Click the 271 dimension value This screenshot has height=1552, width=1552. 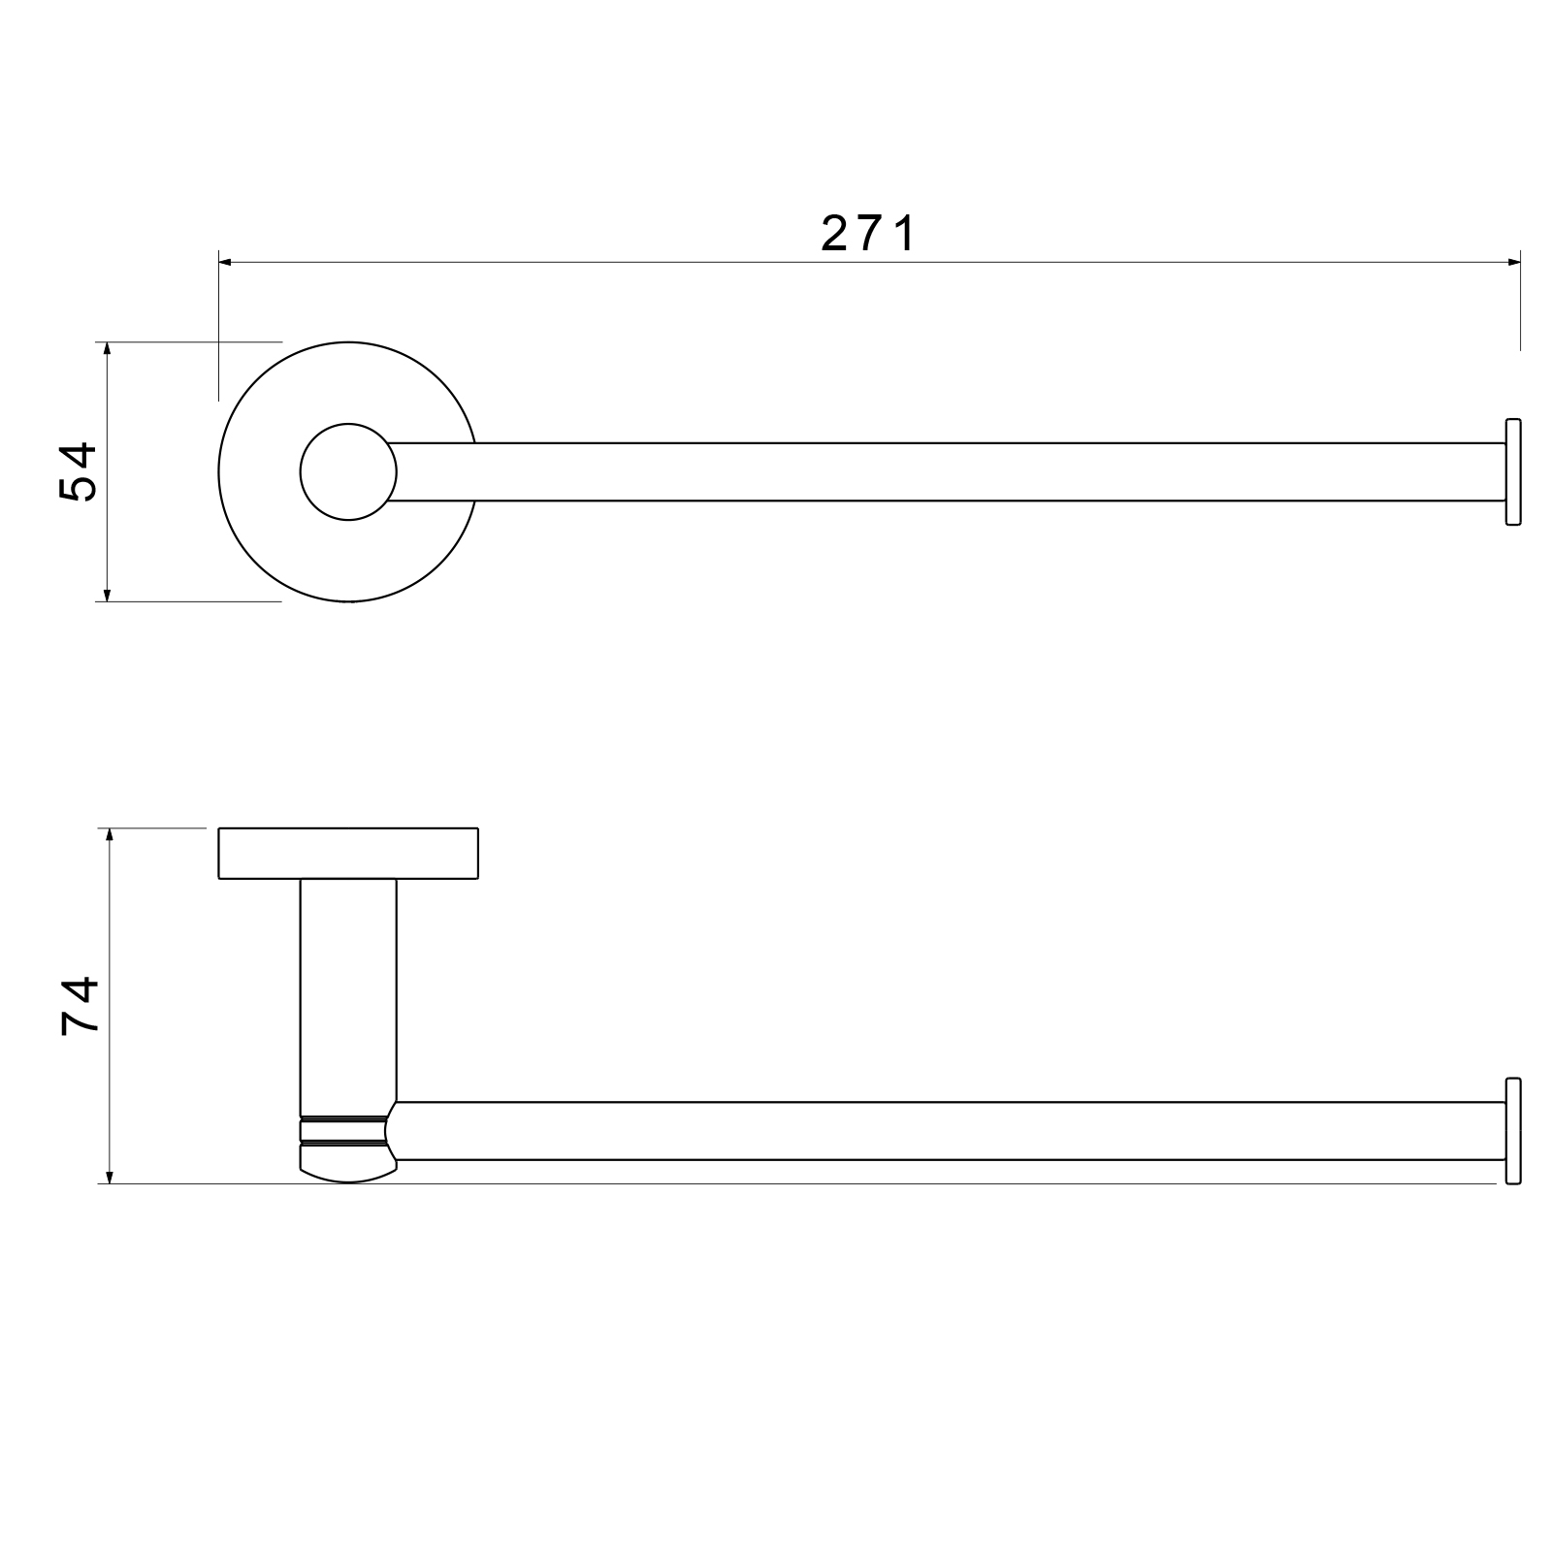pyautogui.click(x=868, y=234)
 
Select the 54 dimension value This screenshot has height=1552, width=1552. pyautogui.click(x=79, y=471)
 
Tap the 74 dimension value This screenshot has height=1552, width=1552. pyautogui.click(x=80, y=1006)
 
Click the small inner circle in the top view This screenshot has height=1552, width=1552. pyautogui.click(x=348, y=471)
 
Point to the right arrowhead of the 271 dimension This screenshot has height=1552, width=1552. pyautogui.click(x=1512, y=262)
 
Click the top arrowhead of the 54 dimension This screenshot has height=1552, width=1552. pyautogui.click(x=108, y=349)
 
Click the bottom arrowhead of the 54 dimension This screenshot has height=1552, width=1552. pyautogui.click(x=108, y=594)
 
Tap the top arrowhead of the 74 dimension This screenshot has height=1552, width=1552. pyautogui.click(x=111, y=836)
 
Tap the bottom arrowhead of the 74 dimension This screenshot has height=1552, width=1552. pyautogui.click(x=111, y=1176)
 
